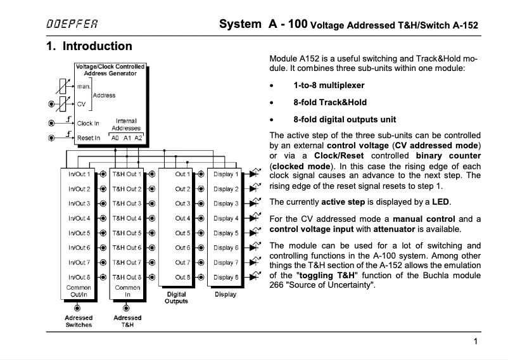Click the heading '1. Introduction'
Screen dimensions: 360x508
89,46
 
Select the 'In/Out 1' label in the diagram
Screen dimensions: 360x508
79,174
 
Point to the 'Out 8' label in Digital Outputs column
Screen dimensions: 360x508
182,277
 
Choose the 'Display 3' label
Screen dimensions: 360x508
225,203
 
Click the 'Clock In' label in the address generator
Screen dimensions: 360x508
88,123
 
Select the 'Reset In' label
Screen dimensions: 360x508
88,138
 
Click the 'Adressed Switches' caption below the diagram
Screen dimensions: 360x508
79,321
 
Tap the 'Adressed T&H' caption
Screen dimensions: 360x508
127,321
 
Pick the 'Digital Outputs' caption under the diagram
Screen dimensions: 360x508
176,298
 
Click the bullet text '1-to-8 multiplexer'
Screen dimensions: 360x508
329,85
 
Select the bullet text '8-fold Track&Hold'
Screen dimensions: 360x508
329,102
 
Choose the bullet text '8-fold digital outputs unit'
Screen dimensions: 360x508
345,119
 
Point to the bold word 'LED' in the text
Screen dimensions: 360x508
440,202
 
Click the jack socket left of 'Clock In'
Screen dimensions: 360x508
52,123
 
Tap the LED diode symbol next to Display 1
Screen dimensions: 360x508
254,172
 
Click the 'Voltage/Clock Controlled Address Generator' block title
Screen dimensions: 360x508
110,70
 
